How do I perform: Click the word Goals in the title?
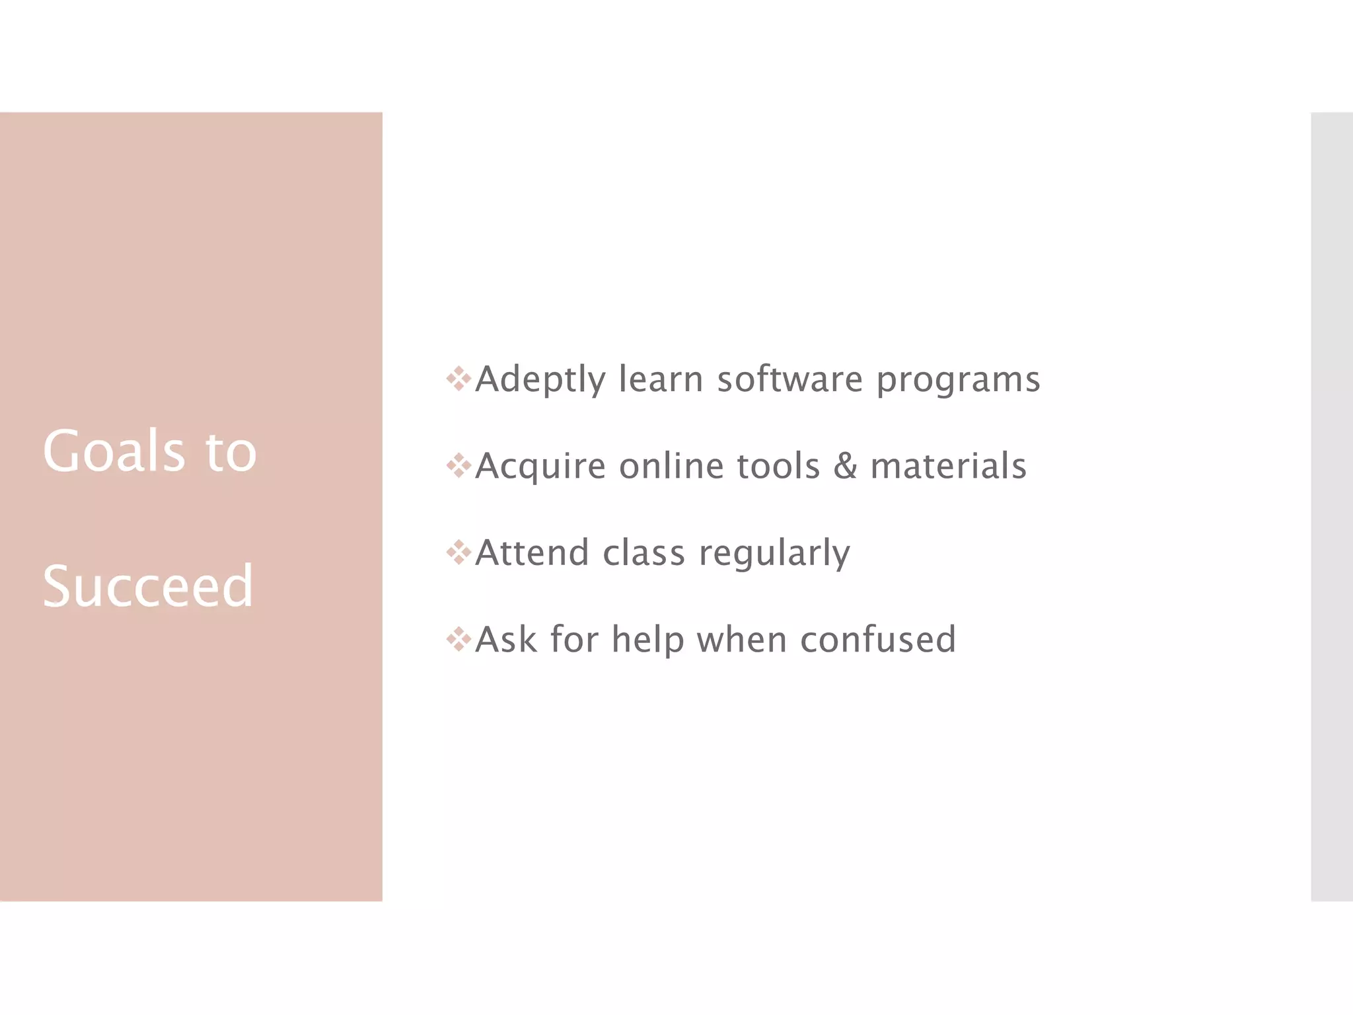pos(114,451)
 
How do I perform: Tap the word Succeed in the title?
pos(147,586)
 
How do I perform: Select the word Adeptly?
pos(540,380)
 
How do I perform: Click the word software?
pos(789,379)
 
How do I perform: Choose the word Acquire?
pos(540,467)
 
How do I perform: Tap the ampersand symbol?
pos(845,465)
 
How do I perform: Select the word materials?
pos(948,466)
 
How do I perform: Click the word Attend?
pos(532,552)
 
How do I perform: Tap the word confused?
pos(878,639)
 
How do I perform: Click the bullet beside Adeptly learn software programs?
pos(458,379)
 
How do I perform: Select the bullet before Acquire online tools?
pos(458,466)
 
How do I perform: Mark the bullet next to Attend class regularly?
pos(458,552)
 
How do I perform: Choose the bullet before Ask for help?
pos(458,639)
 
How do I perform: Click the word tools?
pos(778,466)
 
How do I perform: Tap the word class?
pos(643,552)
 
